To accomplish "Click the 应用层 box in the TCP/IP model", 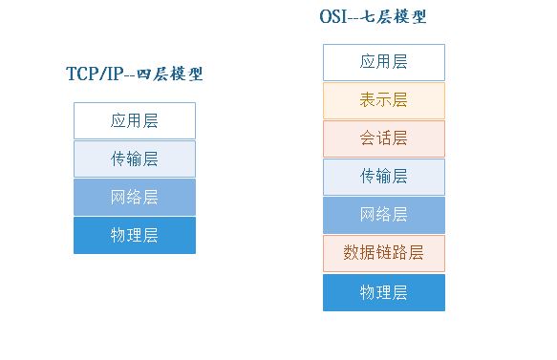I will tap(134, 121).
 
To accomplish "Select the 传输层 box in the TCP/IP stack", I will tap(134, 159).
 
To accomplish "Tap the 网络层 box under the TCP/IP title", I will tap(134, 198).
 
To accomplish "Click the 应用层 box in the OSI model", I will tap(383, 62).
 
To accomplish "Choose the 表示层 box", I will tap(383, 100).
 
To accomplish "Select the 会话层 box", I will tap(383, 138).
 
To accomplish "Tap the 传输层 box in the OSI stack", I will tap(383, 177).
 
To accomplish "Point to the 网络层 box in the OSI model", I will tap(383, 215).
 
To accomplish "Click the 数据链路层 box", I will tap(383, 253).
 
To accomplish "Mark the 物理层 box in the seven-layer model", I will tap(383, 292).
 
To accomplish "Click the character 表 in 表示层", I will tap(368, 100).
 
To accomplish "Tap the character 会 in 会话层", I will tap(368, 138).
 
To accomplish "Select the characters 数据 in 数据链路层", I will tap(358, 253).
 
